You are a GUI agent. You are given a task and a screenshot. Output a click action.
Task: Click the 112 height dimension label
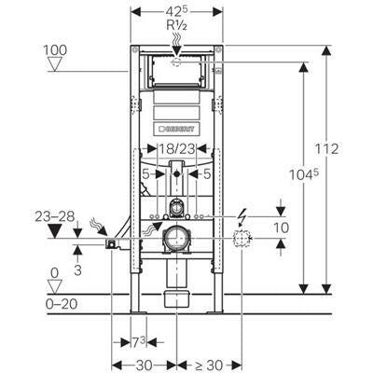pos(326,149)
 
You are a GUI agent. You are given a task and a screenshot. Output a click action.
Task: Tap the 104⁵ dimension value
pos(304,174)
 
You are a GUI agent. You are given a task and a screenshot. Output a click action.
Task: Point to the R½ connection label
pos(176,26)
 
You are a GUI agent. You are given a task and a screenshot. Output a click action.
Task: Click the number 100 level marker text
pos(55,50)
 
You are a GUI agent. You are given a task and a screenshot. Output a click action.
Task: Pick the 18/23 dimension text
pos(177,149)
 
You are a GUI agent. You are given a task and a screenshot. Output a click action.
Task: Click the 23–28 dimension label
pos(55,216)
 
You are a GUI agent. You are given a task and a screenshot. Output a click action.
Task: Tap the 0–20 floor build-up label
pos(62,304)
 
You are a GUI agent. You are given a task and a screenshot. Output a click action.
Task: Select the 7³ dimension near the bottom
pos(138,342)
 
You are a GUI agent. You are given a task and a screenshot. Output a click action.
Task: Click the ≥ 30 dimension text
pos(209,366)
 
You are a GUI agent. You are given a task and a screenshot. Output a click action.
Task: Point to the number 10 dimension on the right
pos(282,228)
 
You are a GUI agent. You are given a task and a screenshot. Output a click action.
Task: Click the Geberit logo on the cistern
pos(176,129)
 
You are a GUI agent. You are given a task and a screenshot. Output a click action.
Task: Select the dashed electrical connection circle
pos(242,239)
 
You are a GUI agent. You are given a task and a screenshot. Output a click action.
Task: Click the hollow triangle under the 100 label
pos(55,64)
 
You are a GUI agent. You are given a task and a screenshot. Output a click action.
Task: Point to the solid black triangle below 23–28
pos(55,231)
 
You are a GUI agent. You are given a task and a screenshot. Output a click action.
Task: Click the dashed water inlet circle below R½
pos(176,62)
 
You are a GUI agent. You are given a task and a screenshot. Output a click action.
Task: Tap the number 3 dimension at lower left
pos(77,269)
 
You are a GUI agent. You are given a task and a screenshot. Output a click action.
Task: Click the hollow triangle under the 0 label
pos(55,286)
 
